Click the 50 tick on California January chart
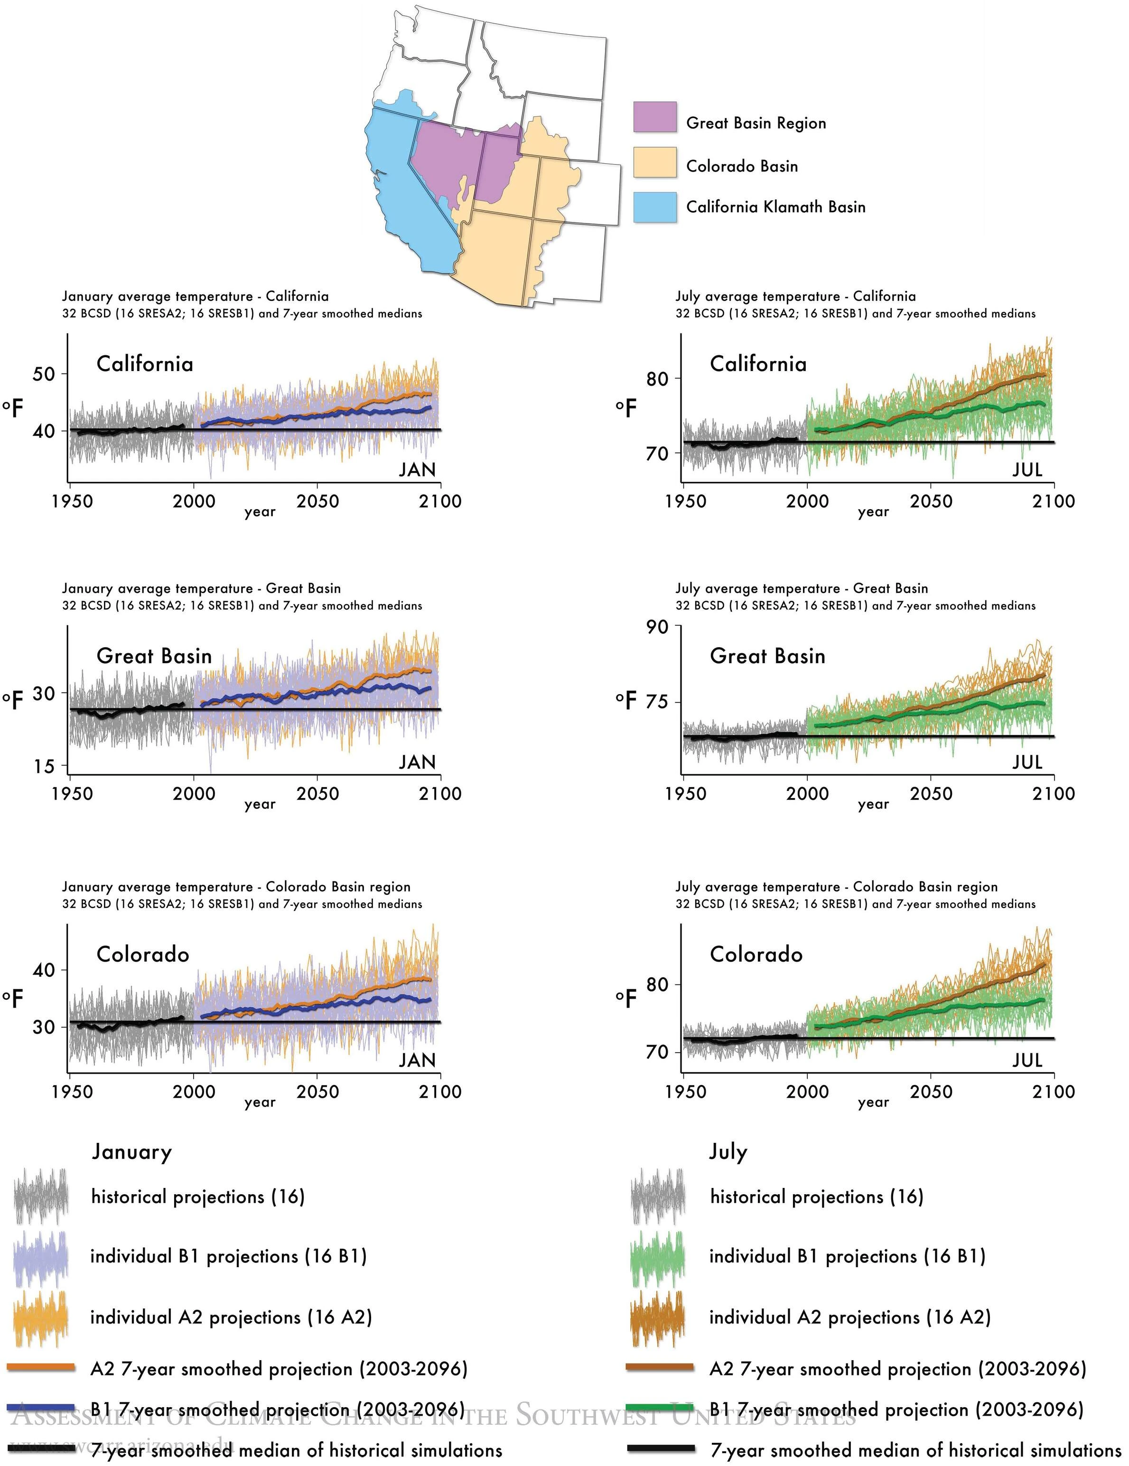tap(44, 374)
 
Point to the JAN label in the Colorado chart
tap(417, 1060)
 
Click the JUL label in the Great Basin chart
tap(1027, 762)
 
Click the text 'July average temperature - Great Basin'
tap(801, 589)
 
